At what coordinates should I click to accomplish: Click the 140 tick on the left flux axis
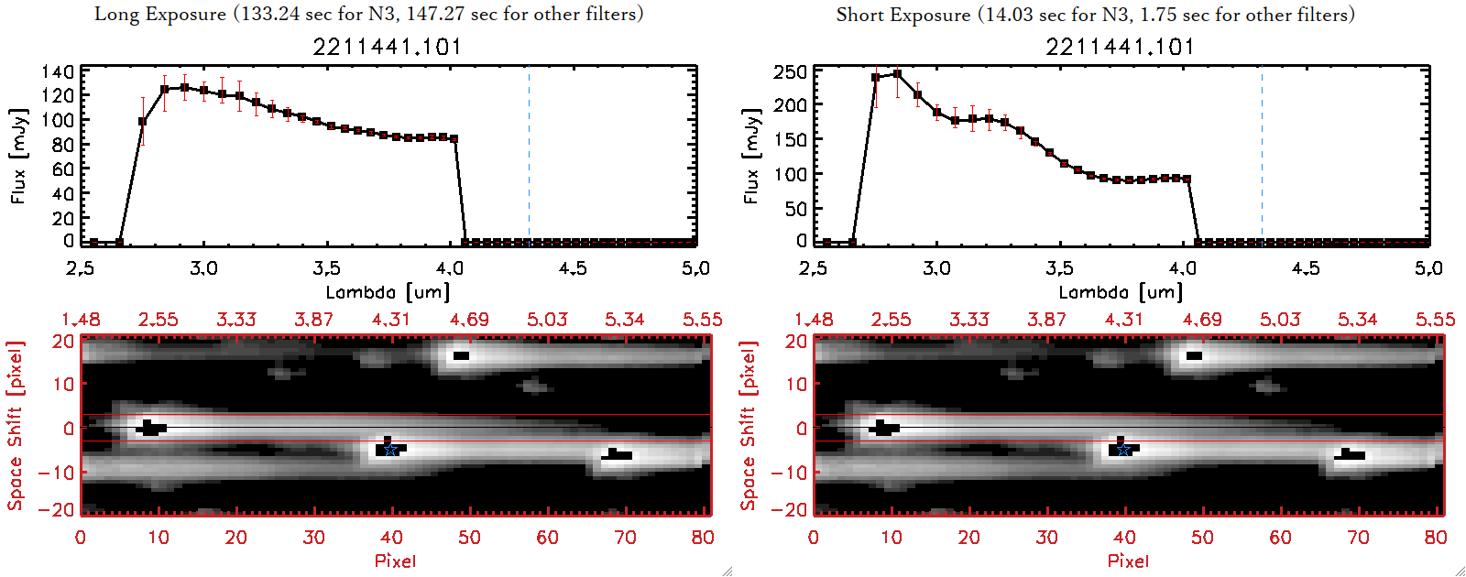pyautogui.click(x=57, y=71)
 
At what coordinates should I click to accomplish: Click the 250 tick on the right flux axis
pyautogui.click(x=790, y=71)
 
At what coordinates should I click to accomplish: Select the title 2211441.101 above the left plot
pyautogui.click(x=387, y=47)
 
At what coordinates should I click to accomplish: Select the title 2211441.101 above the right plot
pyautogui.click(x=1120, y=47)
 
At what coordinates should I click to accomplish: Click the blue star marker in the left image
pyautogui.click(x=390, y=449)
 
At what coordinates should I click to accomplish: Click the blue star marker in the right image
pyautogui.click(x=1123, y=449)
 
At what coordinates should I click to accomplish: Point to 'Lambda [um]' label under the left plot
pyautogui.click(x=388, y=292)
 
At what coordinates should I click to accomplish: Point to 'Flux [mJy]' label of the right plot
pyautogui.click(x=751, y=157)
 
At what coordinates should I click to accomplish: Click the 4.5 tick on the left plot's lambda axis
pyautogui.click(x=573, y=268)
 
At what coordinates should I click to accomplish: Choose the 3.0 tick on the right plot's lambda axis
pyautogui.click(x=936, y=268)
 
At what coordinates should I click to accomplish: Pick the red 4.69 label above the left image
pyautogui.click(x=469, y=320)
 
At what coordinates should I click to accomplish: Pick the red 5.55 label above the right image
pyautogui.click(x=1435, y=320)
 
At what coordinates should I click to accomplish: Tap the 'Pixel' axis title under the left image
pyautogui.click(x=395, y=561)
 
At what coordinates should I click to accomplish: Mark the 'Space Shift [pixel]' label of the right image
pyautogui.click(x=749, y=426)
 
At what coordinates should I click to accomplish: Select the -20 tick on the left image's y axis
pyautogui.click(x=62, y=509)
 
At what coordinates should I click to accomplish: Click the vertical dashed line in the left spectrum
pyautogui.click(x=529, y=156)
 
